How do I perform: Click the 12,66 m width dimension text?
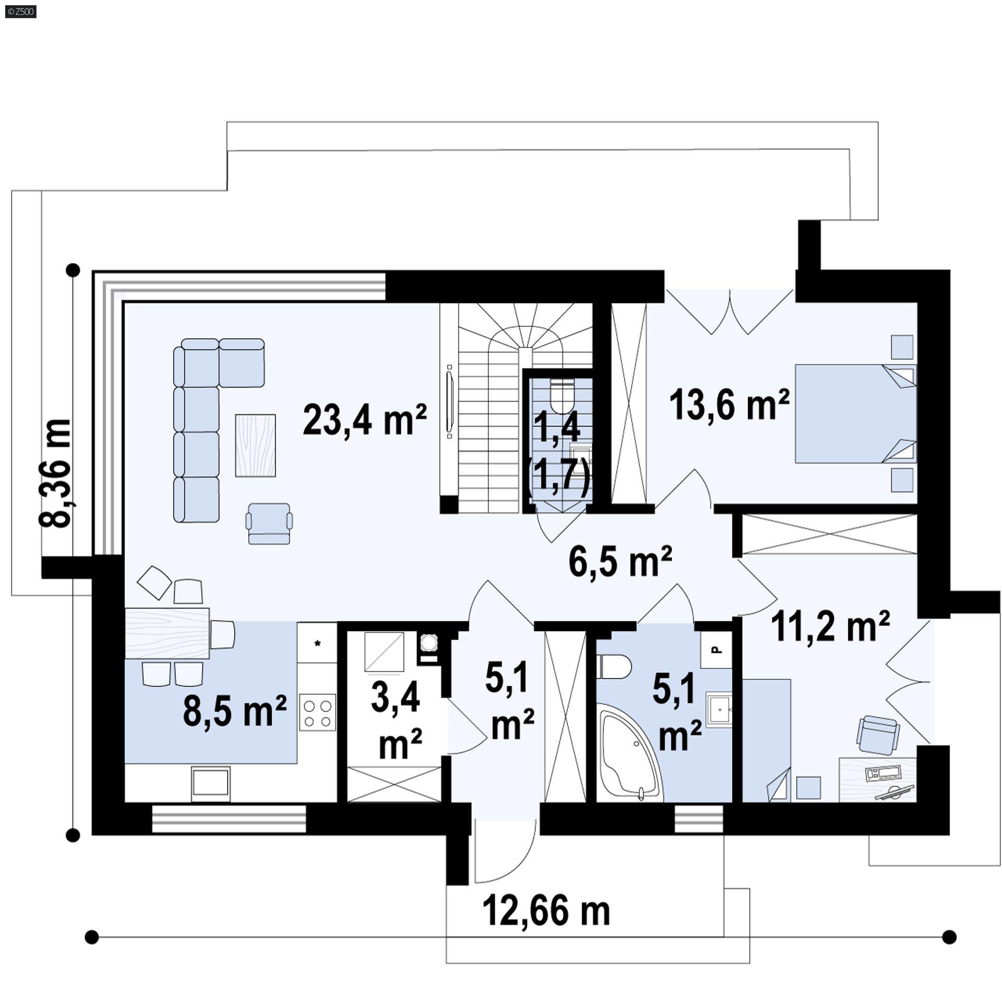coord(546,911)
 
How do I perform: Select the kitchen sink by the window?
coord(210,783)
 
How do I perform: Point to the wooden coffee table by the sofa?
coord(255,445)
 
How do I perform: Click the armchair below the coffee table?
coord(269,523)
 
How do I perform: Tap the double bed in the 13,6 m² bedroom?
coord(855,413)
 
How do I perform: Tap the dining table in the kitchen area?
coord(167,634)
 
